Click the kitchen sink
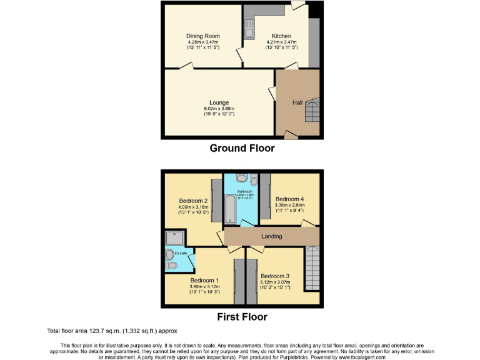pyautogui.click(x=249, y=29)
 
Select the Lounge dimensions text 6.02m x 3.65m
pyautogui.click(x=219, y=108)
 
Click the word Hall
pyautogui.click(x=298, y=102)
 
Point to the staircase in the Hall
pyautogui.click(x=312, y=112)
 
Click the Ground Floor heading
pyautogui.click(x=242, y=148)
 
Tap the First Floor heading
pyautogui.click(x=242, y=317)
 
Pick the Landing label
pyautogui.click(x=272, y=236)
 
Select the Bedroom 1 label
pyautogui.click(x=204, y=280)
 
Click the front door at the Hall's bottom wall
pyautogui.click(x=291, y=134)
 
